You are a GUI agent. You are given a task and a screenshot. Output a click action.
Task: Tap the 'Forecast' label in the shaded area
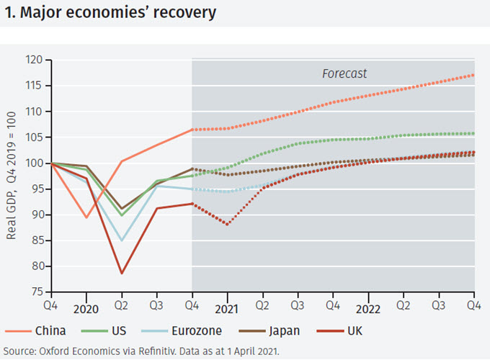click(344, 73)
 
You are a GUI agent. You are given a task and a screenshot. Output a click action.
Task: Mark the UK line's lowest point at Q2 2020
click(122, 273)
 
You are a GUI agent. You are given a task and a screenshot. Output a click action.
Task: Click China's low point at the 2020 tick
click(86, 217)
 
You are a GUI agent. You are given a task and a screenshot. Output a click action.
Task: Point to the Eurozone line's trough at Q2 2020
click(122, 240)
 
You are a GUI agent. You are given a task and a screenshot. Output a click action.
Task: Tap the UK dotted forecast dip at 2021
click(228, 225)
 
